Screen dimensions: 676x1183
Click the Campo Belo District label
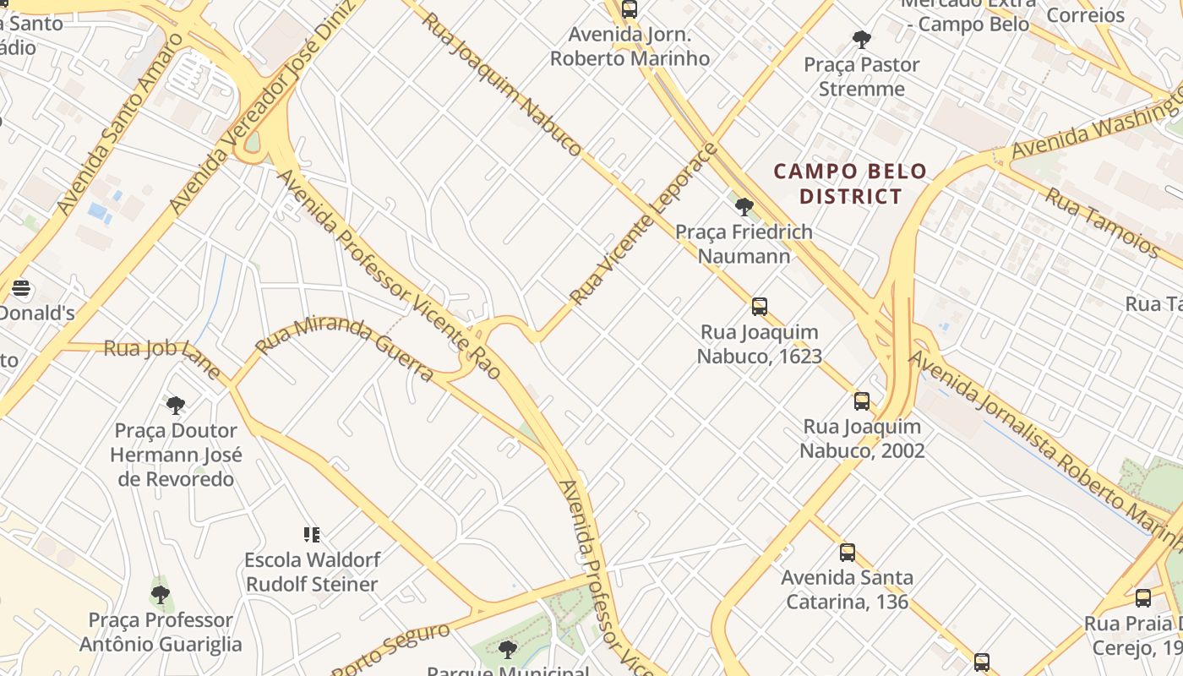850,184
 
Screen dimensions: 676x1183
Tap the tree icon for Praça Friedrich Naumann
744,206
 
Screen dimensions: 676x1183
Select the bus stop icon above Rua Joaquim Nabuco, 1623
760,307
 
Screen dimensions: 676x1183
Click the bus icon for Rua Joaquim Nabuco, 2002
862,401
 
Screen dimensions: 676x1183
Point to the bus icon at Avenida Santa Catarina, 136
848,553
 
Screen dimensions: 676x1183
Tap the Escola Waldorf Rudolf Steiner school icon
312,534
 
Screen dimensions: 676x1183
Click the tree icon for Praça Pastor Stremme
862,39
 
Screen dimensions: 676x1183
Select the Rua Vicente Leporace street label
644,225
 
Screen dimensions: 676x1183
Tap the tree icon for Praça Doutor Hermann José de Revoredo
176,406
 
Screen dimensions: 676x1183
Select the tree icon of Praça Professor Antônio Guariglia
161,594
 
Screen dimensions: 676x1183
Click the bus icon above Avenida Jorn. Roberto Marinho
629,9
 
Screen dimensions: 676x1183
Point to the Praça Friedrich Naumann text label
744,243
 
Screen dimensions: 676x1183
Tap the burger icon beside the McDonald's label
21,288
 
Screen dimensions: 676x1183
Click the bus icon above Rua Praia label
1143,598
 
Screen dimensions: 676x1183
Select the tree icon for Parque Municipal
508,649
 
